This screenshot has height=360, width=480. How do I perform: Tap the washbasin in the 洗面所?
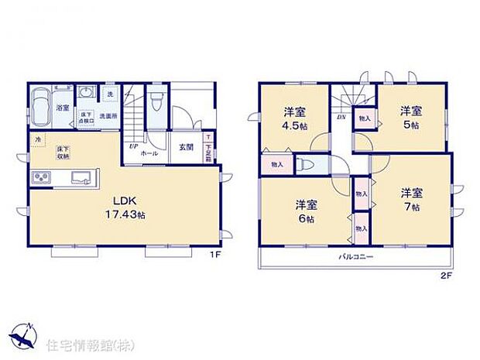tap(86, 94)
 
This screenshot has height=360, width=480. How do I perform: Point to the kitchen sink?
tap(81, 178)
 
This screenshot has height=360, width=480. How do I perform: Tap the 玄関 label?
tap(187, 148)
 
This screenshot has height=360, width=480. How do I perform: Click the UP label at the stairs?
tap(133, 146)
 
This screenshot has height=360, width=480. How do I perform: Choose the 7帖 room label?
tap(411, 200)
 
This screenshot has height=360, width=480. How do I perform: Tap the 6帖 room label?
tap(304, 211)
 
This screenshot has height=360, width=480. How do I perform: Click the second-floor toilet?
tap(308, 165)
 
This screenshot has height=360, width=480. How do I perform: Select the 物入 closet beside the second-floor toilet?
tap(276, 165)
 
